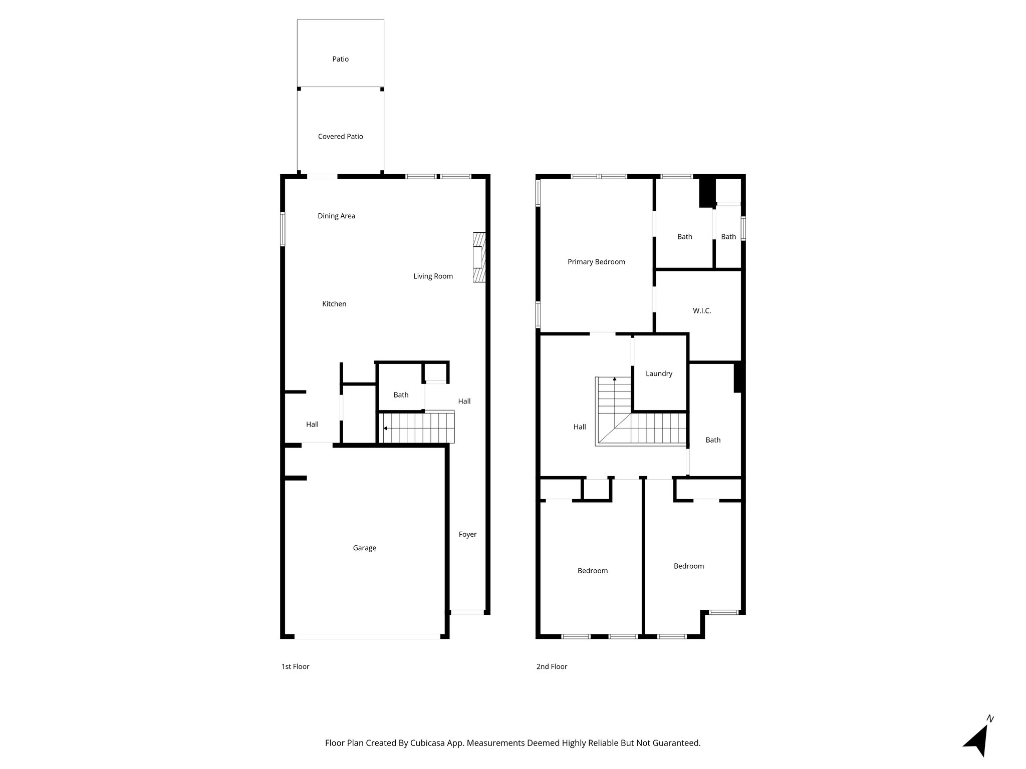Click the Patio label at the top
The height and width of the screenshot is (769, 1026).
point(340,59)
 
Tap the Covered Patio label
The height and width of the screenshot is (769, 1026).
point(340,136)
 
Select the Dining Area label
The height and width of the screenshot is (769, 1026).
point(336,216)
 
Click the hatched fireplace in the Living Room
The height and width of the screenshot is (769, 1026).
point(479,258)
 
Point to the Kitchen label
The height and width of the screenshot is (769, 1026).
point(334,304)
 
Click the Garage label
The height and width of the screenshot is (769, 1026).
point(364,548)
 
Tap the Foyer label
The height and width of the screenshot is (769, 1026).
point(467,534)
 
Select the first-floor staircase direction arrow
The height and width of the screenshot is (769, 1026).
point(385,428)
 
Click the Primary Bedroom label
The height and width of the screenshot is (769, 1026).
point(596,262)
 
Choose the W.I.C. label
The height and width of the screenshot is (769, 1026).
point(701,311)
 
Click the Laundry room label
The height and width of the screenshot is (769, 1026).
point(658,373)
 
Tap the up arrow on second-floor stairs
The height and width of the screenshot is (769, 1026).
point(615,380)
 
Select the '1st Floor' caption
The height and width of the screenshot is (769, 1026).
point(295,666)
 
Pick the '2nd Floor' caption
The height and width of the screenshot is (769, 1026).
point(552,666)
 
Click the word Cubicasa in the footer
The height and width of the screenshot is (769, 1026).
point(427,743)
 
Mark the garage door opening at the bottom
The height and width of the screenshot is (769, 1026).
point(367,636)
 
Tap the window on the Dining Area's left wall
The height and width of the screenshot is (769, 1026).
point(283,229)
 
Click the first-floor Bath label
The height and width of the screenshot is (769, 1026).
point(401,395)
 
